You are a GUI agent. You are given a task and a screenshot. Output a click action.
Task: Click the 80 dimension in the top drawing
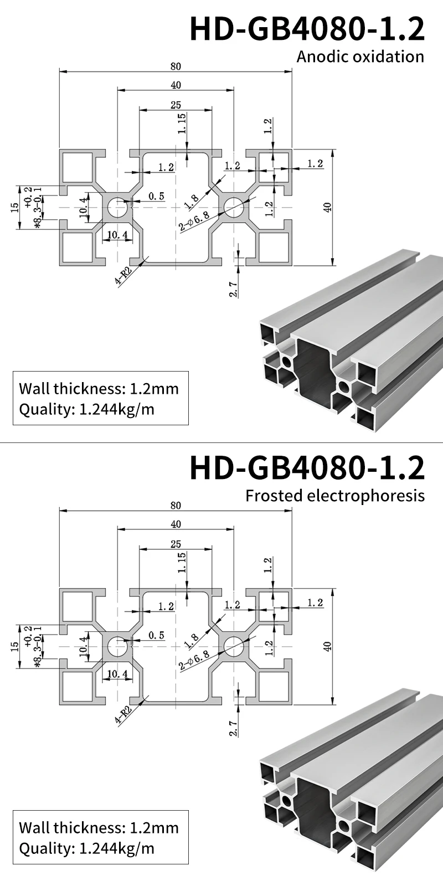click(x=176, y=66)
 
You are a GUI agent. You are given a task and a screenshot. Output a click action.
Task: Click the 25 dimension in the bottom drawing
click(x=176, y=544)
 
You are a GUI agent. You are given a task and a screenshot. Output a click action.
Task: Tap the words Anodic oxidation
click(x=360, y=56)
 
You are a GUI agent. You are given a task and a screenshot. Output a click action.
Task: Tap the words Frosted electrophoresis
click(x=335, y=495)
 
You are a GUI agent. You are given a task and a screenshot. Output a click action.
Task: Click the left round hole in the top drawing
click(x=117, y=208)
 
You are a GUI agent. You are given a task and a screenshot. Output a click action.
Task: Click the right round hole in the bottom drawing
click(x=233, y=646)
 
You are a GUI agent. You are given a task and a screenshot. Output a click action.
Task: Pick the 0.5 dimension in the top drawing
click(x=157, y=197)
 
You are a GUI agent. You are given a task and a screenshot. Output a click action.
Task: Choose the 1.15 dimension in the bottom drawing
click(x=182, y=563)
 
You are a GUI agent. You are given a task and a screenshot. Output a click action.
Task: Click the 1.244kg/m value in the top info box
click(x=117, y=410)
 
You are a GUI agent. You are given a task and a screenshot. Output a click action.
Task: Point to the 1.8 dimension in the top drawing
click(x=192, y=202)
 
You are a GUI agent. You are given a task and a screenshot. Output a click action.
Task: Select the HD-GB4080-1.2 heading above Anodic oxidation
click(x=307, y=29)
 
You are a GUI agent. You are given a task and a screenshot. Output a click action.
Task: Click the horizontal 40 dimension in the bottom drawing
click(x=176, y=524)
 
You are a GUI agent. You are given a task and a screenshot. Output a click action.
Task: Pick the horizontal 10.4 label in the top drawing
click(x=117, y=235)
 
